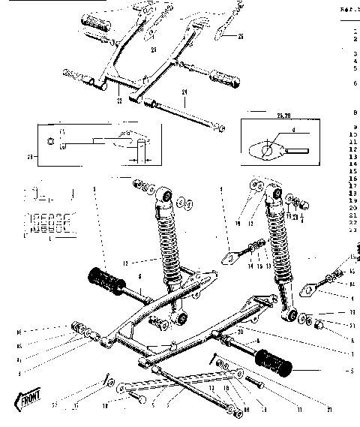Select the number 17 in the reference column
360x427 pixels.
click(352, 186)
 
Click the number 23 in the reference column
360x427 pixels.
click(352, 230)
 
